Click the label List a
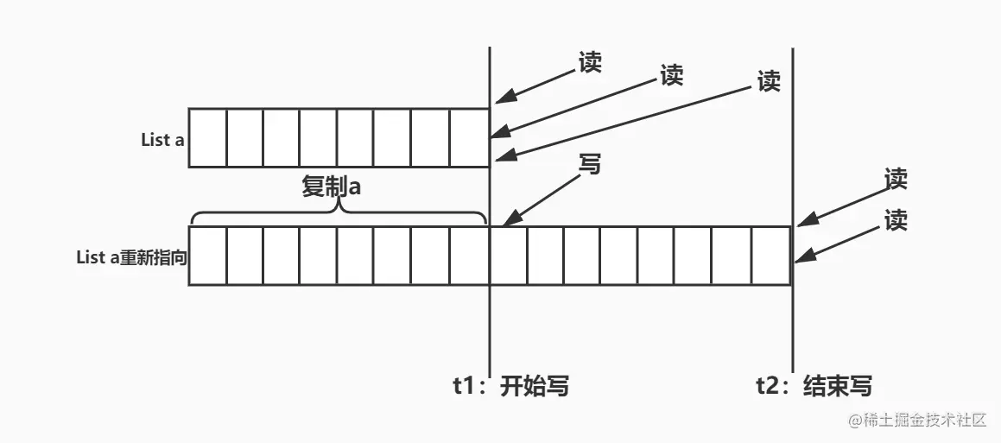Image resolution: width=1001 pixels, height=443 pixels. pyautogui.click(x=162, y=139)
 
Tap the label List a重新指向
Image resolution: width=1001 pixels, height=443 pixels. pyautogui.click(x=131, y=256)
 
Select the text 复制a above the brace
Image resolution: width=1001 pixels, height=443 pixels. pyautogui.click(x=331, y=187)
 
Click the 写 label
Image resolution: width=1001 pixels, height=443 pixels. pyautogui.click(x=589, y=165)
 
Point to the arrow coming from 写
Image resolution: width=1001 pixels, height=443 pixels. pyautogui.click(x=540, y=196)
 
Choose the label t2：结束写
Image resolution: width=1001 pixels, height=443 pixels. pyautogui.click(x=814, y=386)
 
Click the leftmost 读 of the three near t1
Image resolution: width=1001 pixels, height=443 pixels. pyautogui.click(x=591, y=62)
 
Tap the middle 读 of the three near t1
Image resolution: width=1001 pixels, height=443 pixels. pyautogui.click(x=671, y=75)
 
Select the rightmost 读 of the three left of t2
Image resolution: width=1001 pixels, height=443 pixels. pyautogui.click(x=768, y=81)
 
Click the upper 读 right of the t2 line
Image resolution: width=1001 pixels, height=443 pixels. pyautogui.click(x=896, y=179)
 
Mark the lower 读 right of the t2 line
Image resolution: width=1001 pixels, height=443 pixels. pyautogui.click(x=896, y=221)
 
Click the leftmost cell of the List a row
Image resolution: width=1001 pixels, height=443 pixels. pyautogui.click(x=207, y=138)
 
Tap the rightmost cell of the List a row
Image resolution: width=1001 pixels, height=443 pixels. pyautogui.click(x=470, y=138)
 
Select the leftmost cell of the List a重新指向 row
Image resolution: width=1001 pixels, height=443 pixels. pyautogui.click(x=207, y=256)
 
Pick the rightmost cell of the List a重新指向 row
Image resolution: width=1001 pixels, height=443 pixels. pyautogui.click(x=771, y=256)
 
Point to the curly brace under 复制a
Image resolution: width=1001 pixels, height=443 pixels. pyautogui.click(x=339, y=212)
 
